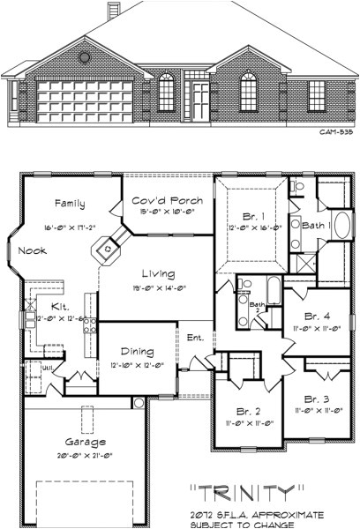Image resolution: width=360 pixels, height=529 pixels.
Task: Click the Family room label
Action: click(69, 204)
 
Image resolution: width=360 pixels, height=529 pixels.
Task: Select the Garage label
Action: click(85, 441)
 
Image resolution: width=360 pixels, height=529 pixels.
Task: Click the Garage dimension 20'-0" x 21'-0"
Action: click(86, 455)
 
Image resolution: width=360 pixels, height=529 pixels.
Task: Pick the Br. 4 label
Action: click(319, 315)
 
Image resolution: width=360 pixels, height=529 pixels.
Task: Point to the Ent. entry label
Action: click(195, 337)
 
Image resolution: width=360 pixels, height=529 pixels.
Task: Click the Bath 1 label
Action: click(315, 226)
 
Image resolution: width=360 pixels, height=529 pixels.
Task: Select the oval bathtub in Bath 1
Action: click(341, 225)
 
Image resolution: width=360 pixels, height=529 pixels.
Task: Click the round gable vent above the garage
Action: click(86, 57)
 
